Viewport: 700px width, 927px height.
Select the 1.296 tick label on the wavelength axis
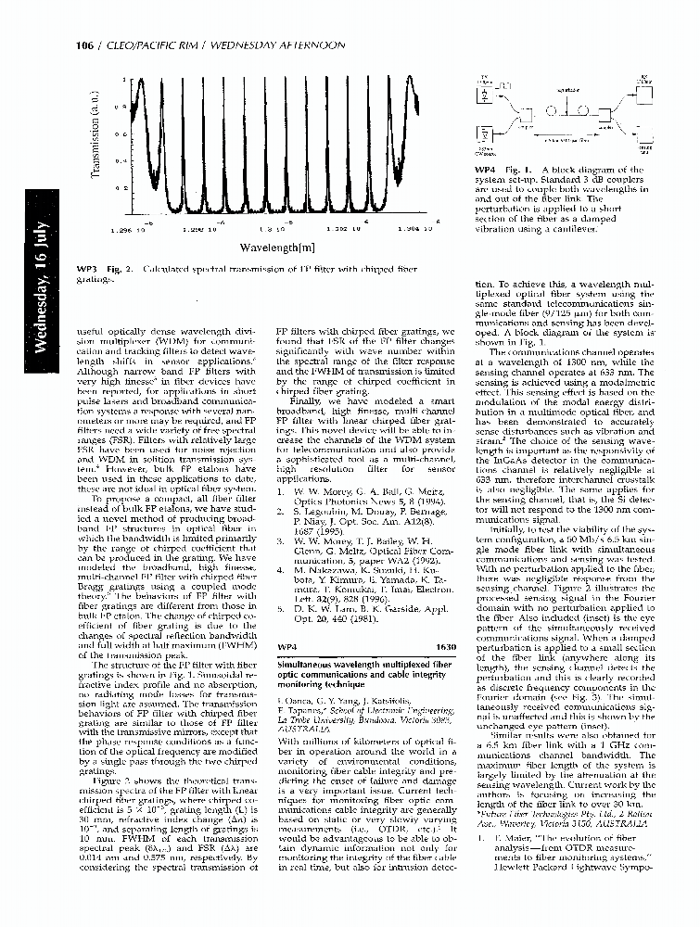[x=127, y=228]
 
